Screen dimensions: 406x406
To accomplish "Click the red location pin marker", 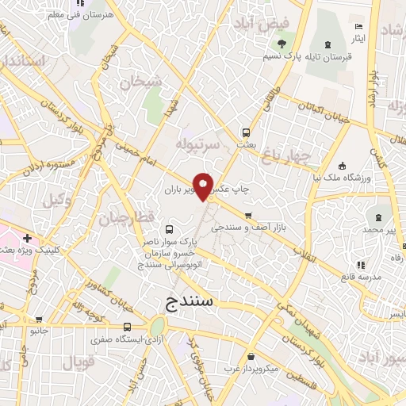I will point(204,186).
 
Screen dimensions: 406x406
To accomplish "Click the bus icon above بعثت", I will point(247,133).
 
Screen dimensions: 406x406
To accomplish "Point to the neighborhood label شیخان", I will point(141,82).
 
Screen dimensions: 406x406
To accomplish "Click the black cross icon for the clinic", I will point(28,237).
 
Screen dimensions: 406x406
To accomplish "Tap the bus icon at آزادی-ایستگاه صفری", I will point(127,327).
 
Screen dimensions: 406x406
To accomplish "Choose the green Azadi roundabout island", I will point(156,325).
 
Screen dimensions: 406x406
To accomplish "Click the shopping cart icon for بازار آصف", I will point(248,216).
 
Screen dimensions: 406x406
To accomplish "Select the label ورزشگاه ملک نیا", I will point(342,179).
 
